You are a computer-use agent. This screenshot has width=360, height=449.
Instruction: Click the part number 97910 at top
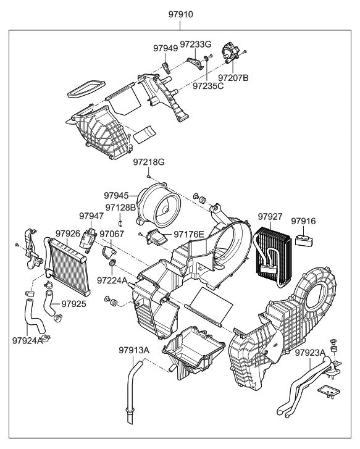click(x=180, y=14)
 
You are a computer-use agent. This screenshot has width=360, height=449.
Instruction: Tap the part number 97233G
click(x=196, y=44)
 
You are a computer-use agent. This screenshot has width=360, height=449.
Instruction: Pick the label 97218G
click(x=149, y=162)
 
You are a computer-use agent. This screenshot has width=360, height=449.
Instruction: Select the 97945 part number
click(x=117, y=195)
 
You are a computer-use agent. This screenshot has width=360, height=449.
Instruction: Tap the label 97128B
click(x=120, y=208)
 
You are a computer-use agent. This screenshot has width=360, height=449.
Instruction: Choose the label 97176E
click(x=189, y=234)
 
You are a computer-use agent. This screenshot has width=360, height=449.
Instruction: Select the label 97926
click(x=68, y=233)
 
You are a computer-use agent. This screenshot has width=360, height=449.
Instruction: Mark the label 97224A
click(x=112, y=280)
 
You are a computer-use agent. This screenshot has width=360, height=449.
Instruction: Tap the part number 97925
click(x=73, y=304)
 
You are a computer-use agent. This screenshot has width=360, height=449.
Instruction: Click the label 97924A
click(x=27, y=340)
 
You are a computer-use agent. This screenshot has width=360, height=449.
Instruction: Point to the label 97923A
click(x=310, y=353)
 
